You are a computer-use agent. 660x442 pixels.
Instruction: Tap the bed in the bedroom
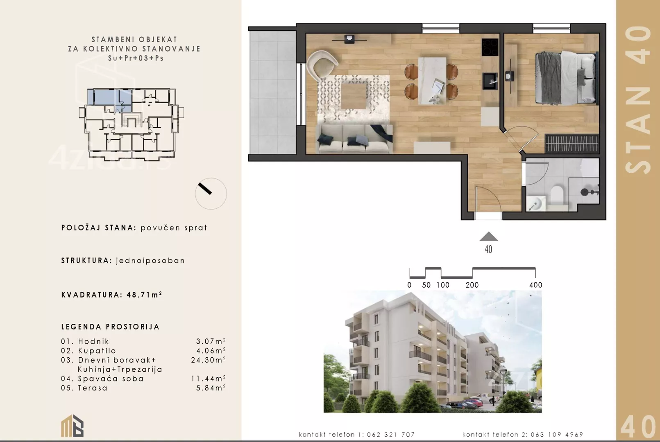(567, 78)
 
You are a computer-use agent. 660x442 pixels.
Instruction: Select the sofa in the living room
(354, 139)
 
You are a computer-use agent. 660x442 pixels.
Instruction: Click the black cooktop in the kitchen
(490, 47)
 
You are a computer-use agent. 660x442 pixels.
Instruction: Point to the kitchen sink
(490, 81)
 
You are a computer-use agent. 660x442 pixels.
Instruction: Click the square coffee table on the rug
(354, 96)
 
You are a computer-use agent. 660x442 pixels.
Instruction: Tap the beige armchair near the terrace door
(322, 66)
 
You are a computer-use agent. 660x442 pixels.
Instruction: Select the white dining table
(432, 81)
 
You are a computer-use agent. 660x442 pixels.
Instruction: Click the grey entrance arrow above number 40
(488, 237)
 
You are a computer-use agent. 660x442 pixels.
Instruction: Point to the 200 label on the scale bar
(472, 285)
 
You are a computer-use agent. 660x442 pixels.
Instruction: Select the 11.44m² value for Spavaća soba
(208, 379)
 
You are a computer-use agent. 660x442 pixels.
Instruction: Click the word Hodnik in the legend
(93, 341)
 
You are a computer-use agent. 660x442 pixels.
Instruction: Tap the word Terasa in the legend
(93, 388)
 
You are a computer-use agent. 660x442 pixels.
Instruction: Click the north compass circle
(211, 193)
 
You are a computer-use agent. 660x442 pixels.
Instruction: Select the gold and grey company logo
(72, 426)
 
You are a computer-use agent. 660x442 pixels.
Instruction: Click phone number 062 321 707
(391, 434)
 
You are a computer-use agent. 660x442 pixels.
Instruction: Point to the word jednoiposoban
(150, 261)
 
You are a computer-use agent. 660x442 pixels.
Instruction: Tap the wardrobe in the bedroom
(572, 143)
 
